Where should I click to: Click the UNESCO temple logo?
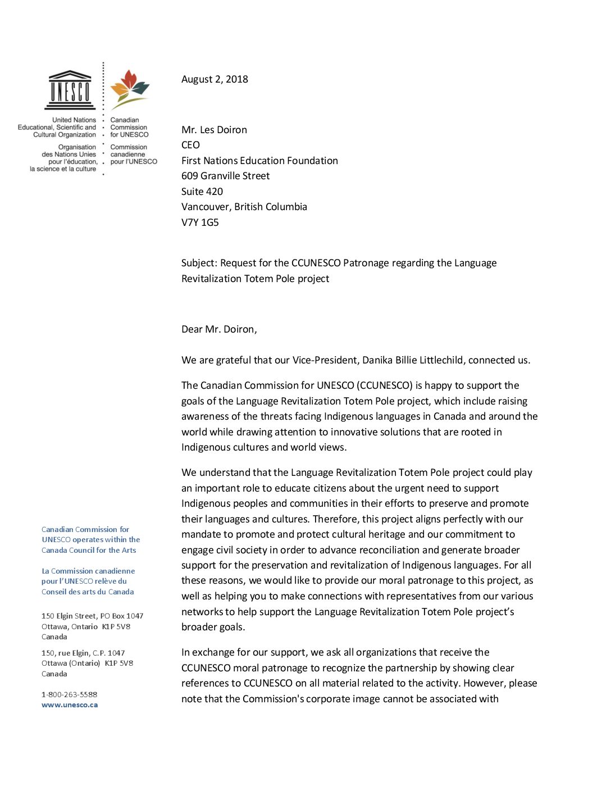pos(70,90)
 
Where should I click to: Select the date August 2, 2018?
pos(215,79)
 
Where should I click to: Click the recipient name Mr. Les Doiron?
pos(214,130)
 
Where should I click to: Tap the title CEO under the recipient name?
pos(190,145)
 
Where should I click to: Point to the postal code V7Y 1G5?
pos(200,222)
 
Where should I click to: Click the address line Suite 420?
pos(202,192)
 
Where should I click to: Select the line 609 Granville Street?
pos(225,176)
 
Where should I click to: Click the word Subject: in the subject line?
pos(199,263)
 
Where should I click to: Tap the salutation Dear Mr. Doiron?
pos(219,329)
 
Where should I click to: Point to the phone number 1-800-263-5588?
pos(69,694)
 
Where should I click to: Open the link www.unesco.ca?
pos(70,705)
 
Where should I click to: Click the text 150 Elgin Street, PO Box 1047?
pos(92,616)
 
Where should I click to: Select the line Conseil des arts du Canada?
pos(88,592)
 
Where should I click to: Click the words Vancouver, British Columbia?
pos(244,207)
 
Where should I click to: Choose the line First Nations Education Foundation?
pos(259,161)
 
